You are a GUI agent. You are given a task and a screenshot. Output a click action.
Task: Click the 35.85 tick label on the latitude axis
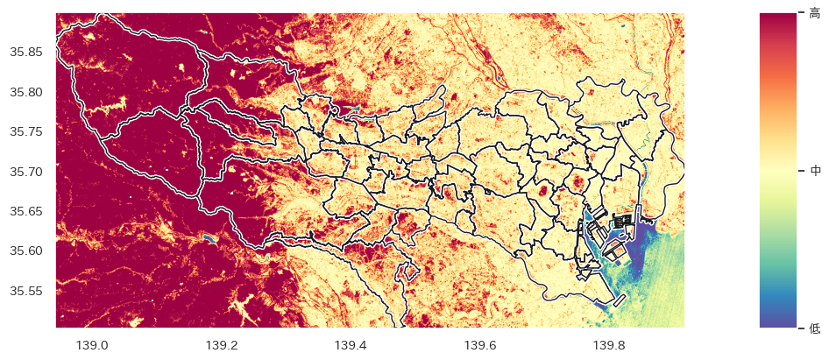tap(25, 52)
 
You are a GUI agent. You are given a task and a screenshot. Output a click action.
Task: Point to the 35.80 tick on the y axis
tap(25, 92)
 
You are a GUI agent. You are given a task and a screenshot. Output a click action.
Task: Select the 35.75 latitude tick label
tap(25, 131)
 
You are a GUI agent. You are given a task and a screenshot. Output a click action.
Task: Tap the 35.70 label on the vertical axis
tap(25, 172)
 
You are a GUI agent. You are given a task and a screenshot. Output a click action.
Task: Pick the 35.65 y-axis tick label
tap(25, 211)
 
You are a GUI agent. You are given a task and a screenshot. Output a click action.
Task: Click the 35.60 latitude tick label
tap(25, 251)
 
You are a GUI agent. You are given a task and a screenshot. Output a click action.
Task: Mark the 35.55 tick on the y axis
tap(25, 291)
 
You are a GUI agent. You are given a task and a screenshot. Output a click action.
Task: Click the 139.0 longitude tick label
tap(92, 345)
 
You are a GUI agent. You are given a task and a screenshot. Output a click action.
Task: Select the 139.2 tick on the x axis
tap(222, 345)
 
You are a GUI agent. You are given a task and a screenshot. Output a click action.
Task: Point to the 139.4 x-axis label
tap(351, 345)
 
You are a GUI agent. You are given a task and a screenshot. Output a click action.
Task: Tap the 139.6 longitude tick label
tap(480, 345)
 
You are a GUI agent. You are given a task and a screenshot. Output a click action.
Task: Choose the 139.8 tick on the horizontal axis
tap(609, 345)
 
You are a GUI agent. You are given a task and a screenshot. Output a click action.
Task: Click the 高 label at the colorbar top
tap(815, 13)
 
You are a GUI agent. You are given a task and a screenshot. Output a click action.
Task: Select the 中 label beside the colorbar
tap(815, 171)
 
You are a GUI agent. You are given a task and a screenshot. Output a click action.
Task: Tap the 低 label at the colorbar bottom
tap(815, 328)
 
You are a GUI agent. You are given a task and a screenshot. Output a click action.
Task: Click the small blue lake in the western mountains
tap(208, 237)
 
